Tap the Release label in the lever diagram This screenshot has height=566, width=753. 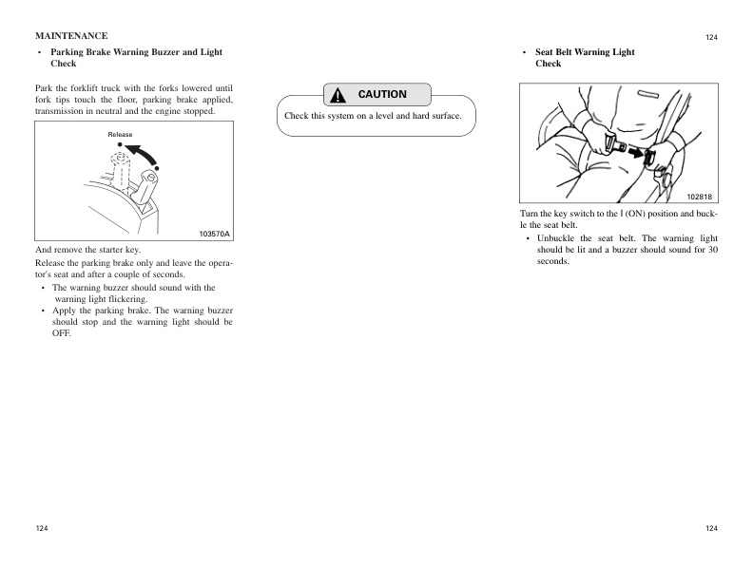click(120, 135)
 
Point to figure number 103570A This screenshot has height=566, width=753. click(214, 234)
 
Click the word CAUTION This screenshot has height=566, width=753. click(382, 95)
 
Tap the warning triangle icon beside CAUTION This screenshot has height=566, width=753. click(338, 96)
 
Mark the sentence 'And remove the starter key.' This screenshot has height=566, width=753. click(87, 250)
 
